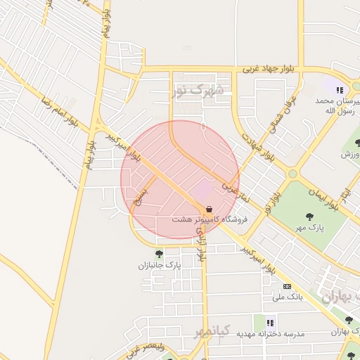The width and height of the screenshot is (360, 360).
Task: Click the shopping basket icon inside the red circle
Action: tap(209, 209)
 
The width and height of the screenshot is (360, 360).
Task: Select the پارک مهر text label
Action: tap(309, 227)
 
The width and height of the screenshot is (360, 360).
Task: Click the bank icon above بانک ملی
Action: tap(287, 286)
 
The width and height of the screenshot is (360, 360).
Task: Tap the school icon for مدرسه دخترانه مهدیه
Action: tap(269, 321)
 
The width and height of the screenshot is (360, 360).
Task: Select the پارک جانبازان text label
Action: tap(159, 266)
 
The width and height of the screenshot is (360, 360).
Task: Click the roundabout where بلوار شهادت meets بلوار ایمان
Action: tap(292, 174)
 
